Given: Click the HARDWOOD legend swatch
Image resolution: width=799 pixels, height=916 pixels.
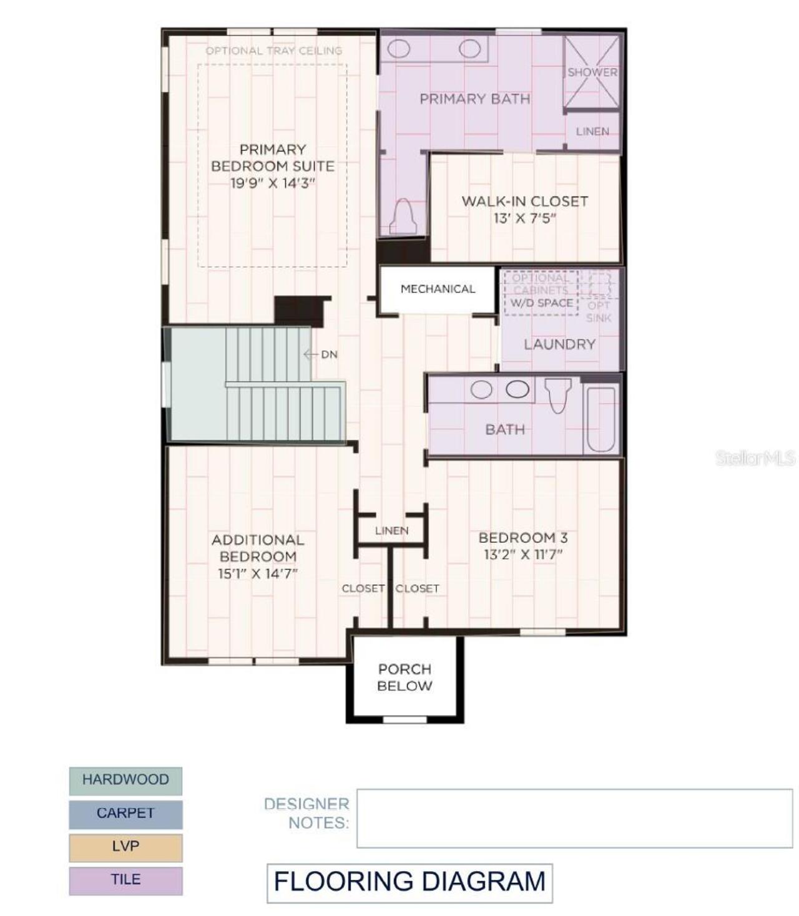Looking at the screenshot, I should coord(125,780).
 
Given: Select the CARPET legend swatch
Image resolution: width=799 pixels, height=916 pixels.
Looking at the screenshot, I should coord(125,814).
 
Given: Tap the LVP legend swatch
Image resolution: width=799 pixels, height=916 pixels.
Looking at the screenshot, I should coord(125,847).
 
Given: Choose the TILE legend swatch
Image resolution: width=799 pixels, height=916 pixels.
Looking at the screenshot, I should coord(125,880).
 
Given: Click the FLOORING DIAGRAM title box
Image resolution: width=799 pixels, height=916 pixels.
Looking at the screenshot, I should coord(409,882).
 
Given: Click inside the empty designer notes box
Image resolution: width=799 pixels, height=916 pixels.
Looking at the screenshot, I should coord(574,818).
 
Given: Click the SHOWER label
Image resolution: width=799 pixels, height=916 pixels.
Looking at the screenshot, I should coord(592,72).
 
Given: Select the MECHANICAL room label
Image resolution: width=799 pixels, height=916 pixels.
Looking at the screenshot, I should coord(438,289).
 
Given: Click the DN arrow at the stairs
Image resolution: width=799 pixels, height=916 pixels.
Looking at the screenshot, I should coord(311,354).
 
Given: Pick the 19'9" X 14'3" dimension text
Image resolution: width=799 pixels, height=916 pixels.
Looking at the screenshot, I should coord(273,183).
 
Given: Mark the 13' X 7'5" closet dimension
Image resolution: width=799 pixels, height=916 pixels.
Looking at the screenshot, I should coord(524,218).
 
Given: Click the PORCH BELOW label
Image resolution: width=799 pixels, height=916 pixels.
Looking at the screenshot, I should coord(404,677).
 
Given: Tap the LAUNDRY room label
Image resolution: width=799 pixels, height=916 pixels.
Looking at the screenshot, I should coord(559,344).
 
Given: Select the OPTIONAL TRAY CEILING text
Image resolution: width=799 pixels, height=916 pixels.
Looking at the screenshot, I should coord(273,51).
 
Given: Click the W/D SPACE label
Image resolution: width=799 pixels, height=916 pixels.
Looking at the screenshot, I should coord(541,303).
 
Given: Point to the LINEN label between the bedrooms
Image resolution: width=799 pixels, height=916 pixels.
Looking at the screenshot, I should coord(391,530).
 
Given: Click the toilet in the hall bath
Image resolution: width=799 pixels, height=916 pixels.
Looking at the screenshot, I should coord(557,395).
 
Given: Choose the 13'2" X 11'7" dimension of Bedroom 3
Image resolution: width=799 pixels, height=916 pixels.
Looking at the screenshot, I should coord(523,554).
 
